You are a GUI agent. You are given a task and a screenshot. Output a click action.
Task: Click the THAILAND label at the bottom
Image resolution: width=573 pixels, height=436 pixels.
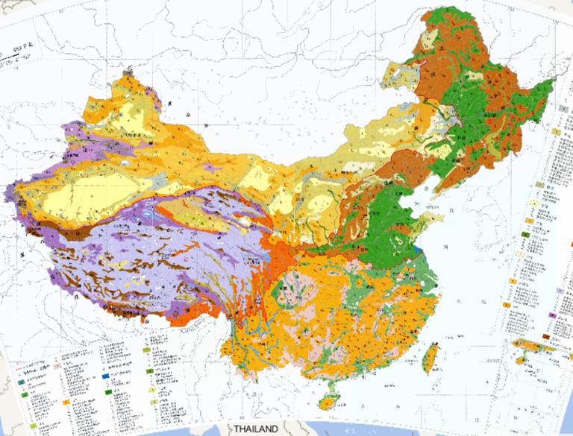click(255, 429)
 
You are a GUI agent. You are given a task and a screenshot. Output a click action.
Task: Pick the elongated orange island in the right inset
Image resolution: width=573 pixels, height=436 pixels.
click(532, 345)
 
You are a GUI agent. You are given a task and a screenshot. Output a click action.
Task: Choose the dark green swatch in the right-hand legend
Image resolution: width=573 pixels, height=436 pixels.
click(526, 235)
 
